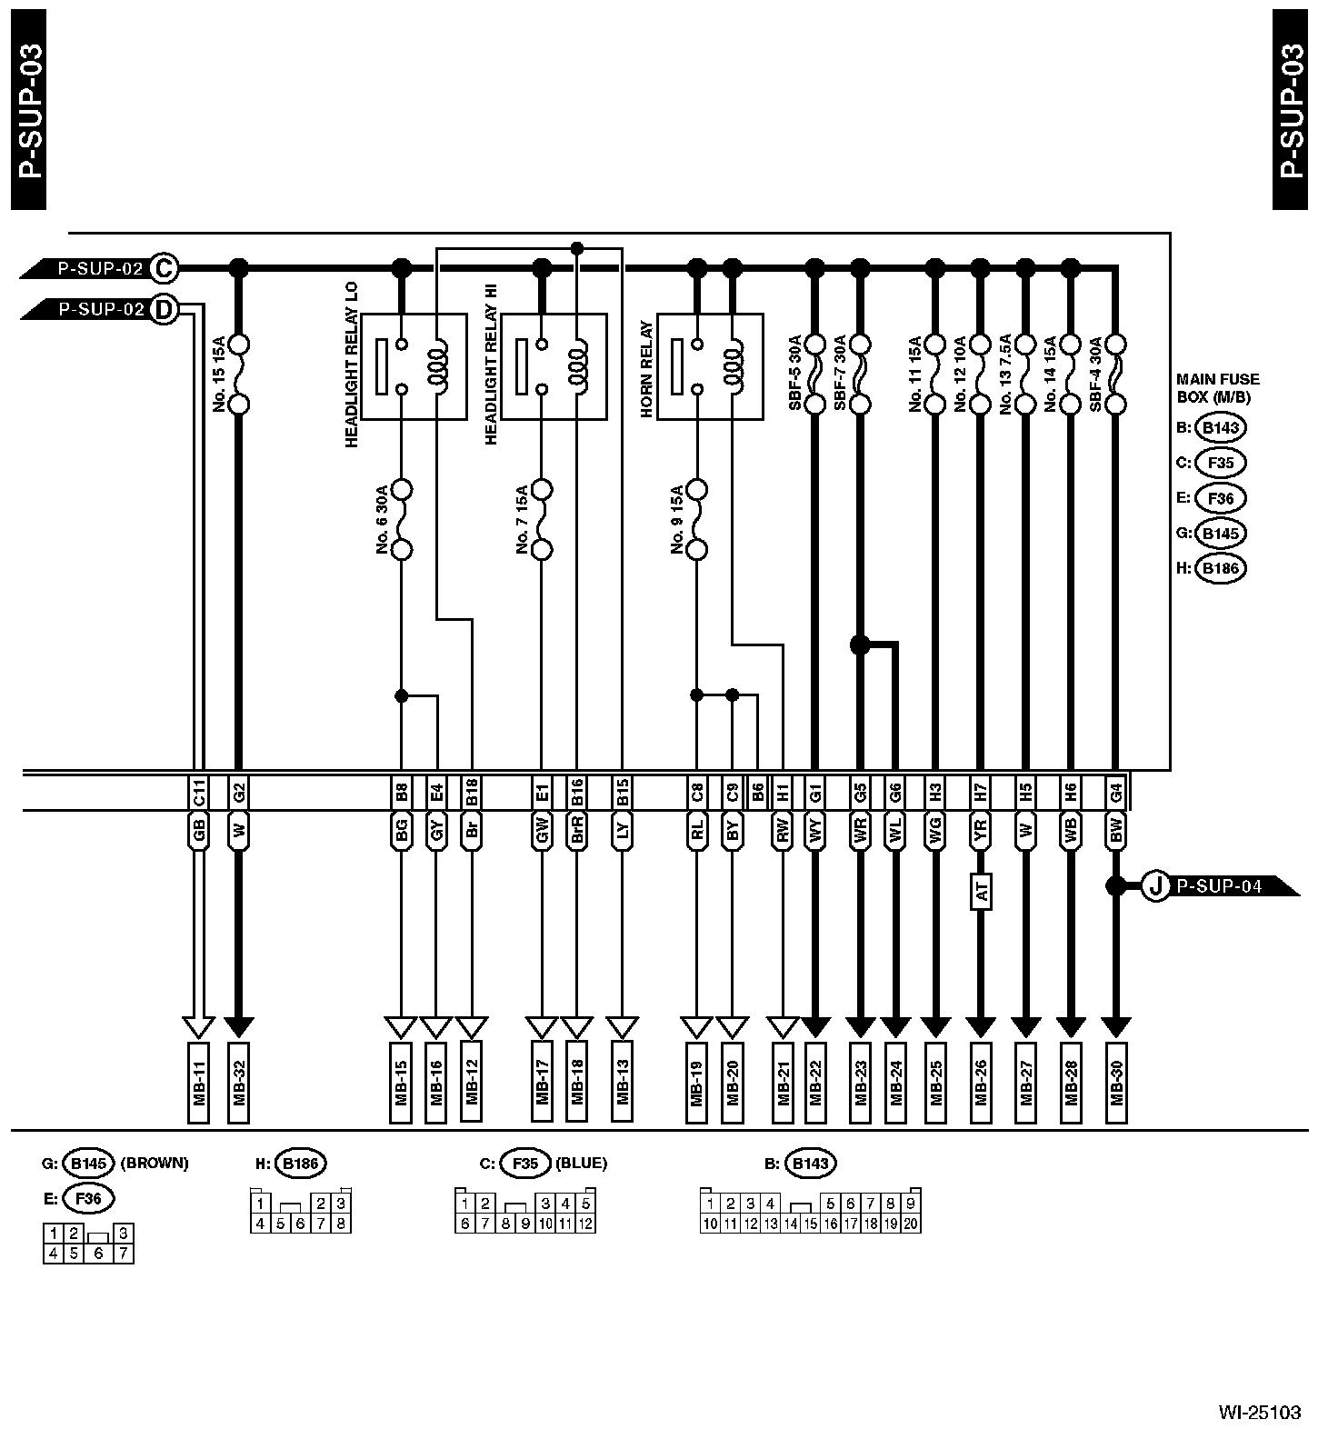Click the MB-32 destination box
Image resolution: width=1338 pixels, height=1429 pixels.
click(x=238, y=1083)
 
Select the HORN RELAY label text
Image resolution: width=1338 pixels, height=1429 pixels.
click(x=646, y=369)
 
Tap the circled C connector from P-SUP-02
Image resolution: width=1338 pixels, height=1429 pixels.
click(x=165, y=268)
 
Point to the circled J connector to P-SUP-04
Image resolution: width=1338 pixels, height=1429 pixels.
click(x=1154, y=885)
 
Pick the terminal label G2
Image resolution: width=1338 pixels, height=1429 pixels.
click(x=238, y=793)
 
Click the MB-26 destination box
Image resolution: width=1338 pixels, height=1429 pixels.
click(x=980, y=1083)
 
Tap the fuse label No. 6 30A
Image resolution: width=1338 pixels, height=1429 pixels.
click(x=382, y=519)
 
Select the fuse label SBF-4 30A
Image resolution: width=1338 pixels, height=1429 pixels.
click(x=1095, y=375)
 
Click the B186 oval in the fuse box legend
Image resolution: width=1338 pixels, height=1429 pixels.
click(x=1220, y=568)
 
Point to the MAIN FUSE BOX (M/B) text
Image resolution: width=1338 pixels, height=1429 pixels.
click(x=1218, y=387)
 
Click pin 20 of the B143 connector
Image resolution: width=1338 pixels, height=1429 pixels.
click(x=911, y=1224)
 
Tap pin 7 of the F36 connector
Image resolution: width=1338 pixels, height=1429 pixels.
click(x=124, y=1254)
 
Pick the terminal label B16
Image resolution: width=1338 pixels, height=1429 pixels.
click(x=576, y=793)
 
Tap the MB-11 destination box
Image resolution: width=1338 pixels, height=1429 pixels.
click(x=199, y=1083)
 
